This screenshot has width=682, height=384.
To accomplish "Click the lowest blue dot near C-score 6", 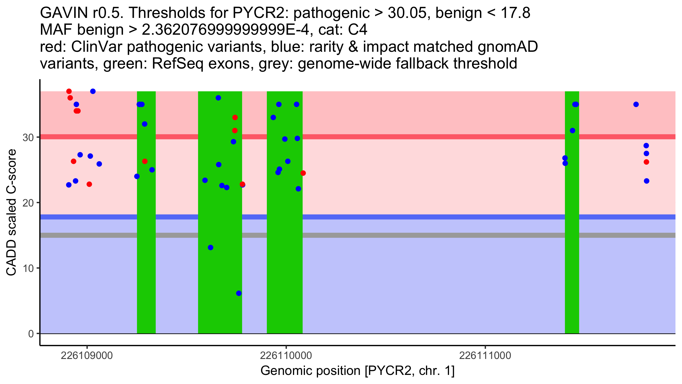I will pyautogui.click(x=239, y=293).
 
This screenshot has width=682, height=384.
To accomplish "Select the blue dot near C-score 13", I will pyautogui.click(x=211, y=247).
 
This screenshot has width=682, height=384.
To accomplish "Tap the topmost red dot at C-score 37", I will pyautogui.click(x=69, y=91).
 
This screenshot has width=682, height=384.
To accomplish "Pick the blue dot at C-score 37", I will pyautogui.click(x=93, y=91).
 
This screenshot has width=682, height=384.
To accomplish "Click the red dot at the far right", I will pyautogui.click(x=646, y=162).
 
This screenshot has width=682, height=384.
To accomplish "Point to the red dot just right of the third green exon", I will pyautogui.click(x=303, y=173).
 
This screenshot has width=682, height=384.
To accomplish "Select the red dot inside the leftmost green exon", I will pyautogui.click(x=145, y=161).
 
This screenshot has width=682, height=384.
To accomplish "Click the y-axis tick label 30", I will pyautogui.click(x=28, y=138).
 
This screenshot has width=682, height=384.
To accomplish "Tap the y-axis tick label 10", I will pyautogui.click(x=28, y=268).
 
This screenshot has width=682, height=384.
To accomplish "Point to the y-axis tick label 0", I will pyautogui.click(x=31, y=334).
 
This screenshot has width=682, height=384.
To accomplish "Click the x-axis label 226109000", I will pyautogui.click(x=87, y=356).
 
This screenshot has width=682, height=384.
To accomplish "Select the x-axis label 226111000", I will pyautogui.click(x=485, y=356).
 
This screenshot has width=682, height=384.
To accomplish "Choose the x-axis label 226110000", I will pyautogui.click(x=286, y=356).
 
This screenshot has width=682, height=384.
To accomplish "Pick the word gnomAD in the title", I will pyautogui.click(x=508, y=47).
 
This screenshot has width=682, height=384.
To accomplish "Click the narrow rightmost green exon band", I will pyautogui.click(x=572, y=256).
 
